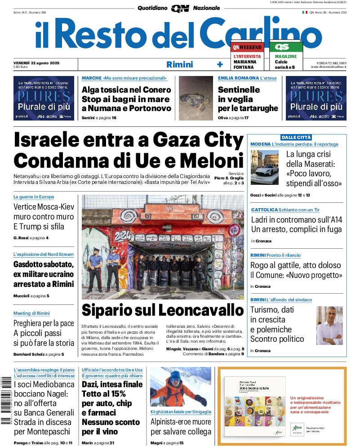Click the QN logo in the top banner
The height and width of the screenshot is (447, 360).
click(x=180, y=8)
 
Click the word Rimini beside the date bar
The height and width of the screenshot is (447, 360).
click(x=179, y=64)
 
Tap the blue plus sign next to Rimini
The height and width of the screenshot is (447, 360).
click(x=220, y=64)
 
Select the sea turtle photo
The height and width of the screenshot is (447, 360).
click(x=196, y=98)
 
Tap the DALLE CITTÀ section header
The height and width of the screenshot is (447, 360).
click(x=296, y=137)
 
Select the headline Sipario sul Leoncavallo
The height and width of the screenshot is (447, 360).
click(x=162, y=310)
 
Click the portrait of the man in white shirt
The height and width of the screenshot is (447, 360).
click(x=329, y=325)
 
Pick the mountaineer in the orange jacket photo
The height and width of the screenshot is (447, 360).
click(x=180, y=387)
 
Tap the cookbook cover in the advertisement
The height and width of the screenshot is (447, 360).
click(x=254, y=407)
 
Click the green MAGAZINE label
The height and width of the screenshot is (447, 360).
click(x=286, y=56)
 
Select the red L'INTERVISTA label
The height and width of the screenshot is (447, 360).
click(x=247, y=56)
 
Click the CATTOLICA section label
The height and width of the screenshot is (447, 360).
click(x=264, y=210)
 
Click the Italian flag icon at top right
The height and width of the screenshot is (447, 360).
click(x=304, y=13)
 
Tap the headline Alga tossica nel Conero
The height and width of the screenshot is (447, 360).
click(x=126, y=89)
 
